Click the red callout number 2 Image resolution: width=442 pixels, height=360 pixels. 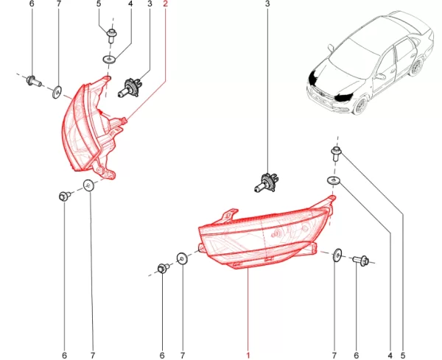click(165, 4)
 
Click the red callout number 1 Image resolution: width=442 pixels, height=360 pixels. click(248, 356)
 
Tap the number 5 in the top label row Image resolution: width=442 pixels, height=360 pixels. click(99, 4)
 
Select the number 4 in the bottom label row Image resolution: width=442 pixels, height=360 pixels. click(390, 356)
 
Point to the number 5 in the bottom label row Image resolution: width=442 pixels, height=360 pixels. click(403, 356)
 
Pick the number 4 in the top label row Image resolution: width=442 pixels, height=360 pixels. click(131, 4)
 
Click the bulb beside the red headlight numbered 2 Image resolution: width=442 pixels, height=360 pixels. click(130, 88)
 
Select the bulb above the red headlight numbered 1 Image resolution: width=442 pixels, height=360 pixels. click(265, 183)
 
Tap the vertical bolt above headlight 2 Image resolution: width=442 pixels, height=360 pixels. click(112, 35)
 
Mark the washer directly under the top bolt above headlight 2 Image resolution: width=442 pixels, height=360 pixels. click(109, 60)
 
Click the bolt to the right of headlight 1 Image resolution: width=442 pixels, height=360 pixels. click(361, 261)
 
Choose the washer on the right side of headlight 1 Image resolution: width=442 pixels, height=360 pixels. click(337, 255)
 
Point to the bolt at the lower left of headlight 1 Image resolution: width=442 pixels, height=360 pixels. click(163, 268)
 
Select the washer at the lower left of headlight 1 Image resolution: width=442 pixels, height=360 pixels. click(182, 258)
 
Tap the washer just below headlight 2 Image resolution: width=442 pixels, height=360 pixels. click(89, 185)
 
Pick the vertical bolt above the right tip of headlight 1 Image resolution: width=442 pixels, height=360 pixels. click(336, 153)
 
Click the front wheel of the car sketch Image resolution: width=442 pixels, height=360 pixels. click(360, 106)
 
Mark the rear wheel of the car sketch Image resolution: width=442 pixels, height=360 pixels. click(417, 67)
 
